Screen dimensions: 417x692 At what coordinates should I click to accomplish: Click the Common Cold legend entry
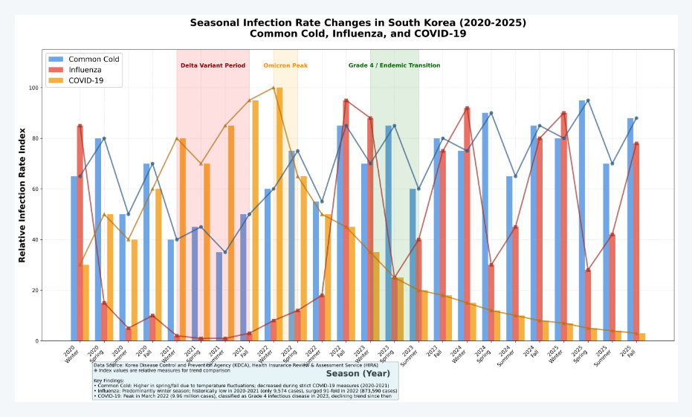[x=94, y=59]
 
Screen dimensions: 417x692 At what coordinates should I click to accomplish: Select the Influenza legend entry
[x=86, y=69]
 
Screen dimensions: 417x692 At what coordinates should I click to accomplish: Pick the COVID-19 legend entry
[x=86, y=80]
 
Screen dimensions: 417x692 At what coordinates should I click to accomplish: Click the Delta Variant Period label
[x=213, y=65]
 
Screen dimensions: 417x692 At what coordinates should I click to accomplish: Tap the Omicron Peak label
[x=285, y=65]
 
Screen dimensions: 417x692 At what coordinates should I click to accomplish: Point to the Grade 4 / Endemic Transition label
[x=394, y=65]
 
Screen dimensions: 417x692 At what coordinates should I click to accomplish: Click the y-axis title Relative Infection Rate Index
[x=22, y=195]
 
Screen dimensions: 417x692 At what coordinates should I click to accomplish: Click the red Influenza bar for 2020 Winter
[x=80, y=233]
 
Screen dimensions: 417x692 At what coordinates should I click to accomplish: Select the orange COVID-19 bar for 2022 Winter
[x=279, y=214]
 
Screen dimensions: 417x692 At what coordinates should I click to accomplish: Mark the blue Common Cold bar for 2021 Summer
[x=219, y=296]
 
